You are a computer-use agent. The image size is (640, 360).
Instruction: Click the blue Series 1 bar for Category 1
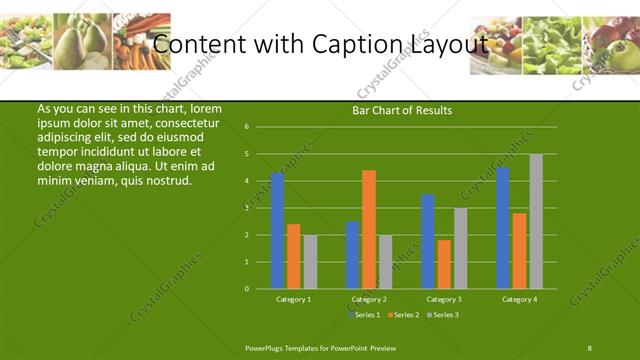click(277, 231)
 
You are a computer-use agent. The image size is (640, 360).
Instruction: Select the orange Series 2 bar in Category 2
click(369, 229)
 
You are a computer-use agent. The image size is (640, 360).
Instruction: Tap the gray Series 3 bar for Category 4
click(536, 221)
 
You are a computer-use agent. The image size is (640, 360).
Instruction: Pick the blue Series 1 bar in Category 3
click(428, 241)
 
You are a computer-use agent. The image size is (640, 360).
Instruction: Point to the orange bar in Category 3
click(444, 264)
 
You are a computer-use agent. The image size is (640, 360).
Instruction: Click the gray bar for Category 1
click(310, 262)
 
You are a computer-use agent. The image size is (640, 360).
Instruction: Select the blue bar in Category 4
click(503, 228)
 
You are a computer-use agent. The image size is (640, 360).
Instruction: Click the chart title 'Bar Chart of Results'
click(402, 110)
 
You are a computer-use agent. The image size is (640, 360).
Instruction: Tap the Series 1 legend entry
click(365, 315)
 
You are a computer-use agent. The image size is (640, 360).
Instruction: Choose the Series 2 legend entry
click(403, 315)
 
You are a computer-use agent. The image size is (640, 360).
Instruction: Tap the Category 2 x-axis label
click(369, 299)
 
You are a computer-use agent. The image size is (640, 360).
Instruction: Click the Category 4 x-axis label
click(519, 299)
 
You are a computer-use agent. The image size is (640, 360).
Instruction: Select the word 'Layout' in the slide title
click(448, 44)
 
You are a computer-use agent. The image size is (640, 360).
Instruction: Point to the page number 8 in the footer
click(589, 347)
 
